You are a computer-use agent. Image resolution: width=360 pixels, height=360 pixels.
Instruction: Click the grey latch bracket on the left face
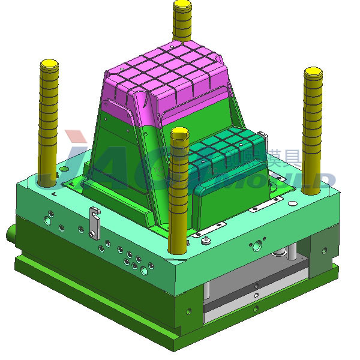pyautogui.click(x=93, y=221)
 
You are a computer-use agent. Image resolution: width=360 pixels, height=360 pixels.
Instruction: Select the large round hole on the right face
pyautogui.click(x=259, y=244)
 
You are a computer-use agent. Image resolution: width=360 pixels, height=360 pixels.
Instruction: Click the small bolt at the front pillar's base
pyautogui.click(x=206, y=241)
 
